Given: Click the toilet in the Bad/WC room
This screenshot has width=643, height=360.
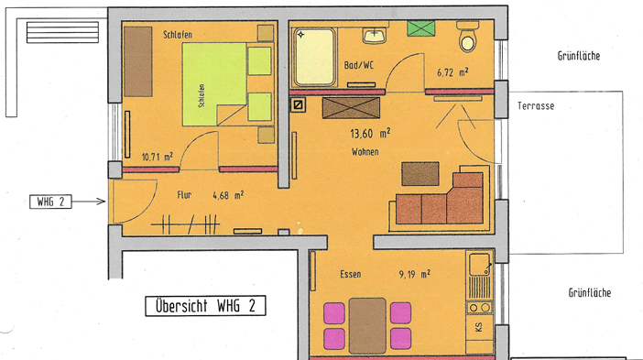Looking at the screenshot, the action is (x=467, y=37).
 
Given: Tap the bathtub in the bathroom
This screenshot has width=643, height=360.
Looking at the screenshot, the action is (x=314, y=57).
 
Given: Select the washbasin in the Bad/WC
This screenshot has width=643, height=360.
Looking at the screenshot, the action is (x=374, y=35).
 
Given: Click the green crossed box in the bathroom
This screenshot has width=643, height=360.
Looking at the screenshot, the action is (x=421, y=28).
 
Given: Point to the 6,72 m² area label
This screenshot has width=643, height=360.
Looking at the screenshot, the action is (x=452, y=72).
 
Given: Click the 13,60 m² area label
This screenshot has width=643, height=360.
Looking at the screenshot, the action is (x=370, y=133).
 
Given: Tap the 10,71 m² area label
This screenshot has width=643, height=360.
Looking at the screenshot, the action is (x=157, y=157).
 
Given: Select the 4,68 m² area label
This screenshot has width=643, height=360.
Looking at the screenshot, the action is (x=228, y=195).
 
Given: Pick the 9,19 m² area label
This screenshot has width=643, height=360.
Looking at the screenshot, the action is (x=415, y=274).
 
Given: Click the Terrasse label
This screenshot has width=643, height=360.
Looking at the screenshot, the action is (x=536, y=105).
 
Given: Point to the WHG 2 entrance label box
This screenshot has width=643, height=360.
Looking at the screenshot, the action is (x=50, y=202).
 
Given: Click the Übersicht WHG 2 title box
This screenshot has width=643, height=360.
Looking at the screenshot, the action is (x=205, y=306).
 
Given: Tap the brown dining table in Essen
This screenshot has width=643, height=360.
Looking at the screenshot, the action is (x=367, y=325).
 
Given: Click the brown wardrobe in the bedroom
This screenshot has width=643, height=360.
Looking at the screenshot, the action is (x=138, y=61).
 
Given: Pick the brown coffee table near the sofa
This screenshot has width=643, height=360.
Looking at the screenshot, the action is (x=420, y=174).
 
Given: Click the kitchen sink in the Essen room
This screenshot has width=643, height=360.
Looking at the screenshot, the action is (x=479, y=265).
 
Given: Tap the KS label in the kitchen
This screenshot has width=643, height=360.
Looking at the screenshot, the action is (x=478, y=327).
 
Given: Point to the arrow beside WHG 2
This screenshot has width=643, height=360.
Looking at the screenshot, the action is (x=89, y=202).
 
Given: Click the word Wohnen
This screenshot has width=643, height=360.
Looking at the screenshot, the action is (x=365, y=152).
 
